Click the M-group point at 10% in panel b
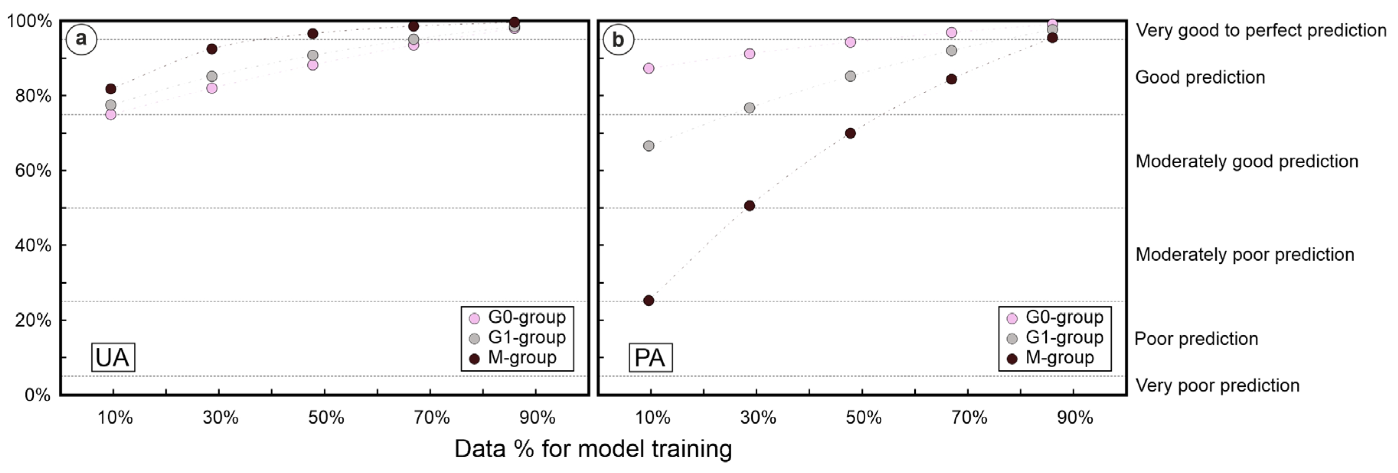(x=649, y=300)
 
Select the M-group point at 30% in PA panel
(x=749, y=206)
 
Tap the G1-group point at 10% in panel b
(x=649, y=146)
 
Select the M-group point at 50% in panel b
(x=850, y=133)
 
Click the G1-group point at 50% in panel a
(x=313, y=56)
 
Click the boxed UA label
(x=113, y=357)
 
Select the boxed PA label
(x=650, y=357)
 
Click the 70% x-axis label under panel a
(x=432, y=417)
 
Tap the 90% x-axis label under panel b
(x=1075, y=417)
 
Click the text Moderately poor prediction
(x=1245, y=254)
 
